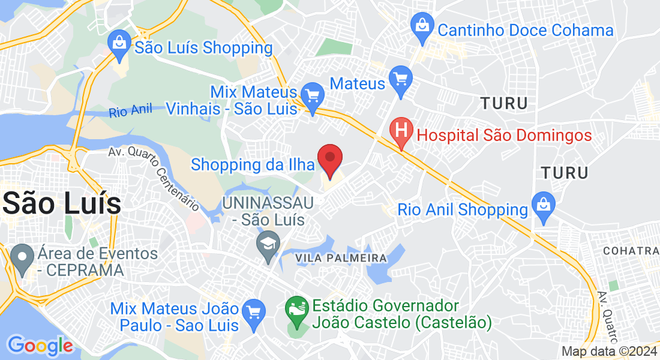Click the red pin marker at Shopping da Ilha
pyautogui.click(x=329, y=159)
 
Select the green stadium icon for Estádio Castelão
pyautogui.click(x=296, y=311)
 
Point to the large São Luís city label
pyautogui.click(x=62, y=203)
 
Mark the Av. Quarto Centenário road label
pyautogui.click(x=154, y=178)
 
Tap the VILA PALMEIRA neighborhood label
pyautogui.click(x=341, y=258)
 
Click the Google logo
pyautogui.click(x=40, y=346)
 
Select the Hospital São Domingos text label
pyautogui.click(x=504, y=135)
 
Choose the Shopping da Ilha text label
pyautogui.click(x=253, y=164)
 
